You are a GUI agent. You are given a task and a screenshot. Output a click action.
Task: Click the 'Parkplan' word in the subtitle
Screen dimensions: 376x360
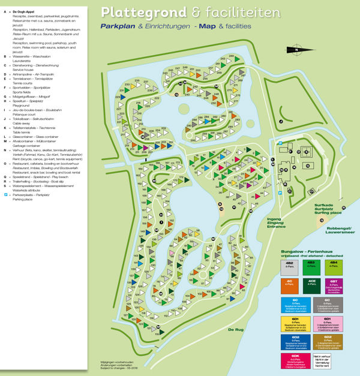point(116,28)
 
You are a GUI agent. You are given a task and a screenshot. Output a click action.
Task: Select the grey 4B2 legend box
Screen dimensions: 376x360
point(289,267)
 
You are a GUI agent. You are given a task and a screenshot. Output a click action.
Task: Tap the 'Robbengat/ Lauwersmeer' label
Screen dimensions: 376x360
point(338,231)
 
